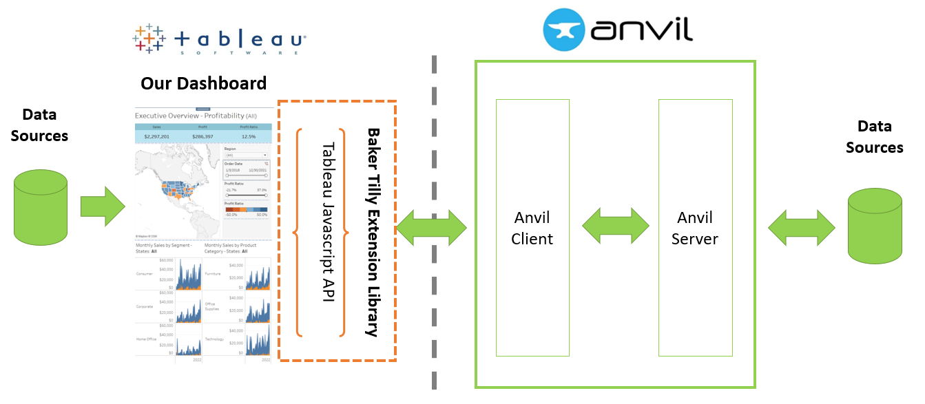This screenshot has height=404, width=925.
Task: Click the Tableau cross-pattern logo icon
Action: pos(149,39)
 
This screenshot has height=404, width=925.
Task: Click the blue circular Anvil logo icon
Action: pos(564,30)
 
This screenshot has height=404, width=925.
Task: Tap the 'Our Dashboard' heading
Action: pos(203,84)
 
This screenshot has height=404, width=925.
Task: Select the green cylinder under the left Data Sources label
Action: pos(41,207)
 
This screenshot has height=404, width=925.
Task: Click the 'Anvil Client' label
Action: pos(532,228)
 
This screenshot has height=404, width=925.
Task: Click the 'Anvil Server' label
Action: pos(695,228)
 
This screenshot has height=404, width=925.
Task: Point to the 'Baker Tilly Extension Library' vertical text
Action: pos(373,231)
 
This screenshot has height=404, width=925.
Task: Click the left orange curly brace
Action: pos(298,231)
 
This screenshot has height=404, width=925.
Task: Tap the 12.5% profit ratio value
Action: pos(249,136)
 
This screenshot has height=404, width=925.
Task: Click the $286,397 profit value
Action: pos(203,136)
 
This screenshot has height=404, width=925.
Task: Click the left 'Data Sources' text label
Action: pos(39,125)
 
